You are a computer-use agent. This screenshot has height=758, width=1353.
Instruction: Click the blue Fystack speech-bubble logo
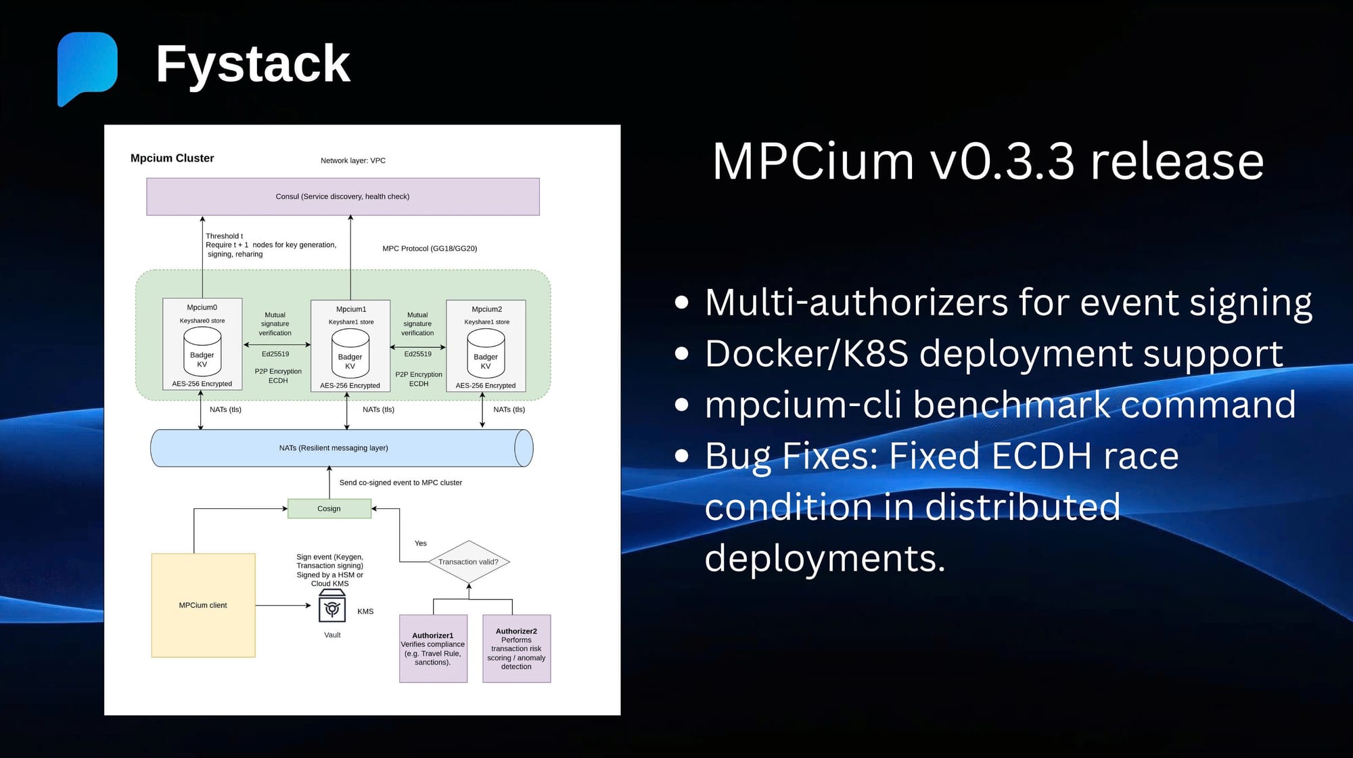87,67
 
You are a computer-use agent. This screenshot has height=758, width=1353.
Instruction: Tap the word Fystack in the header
253,64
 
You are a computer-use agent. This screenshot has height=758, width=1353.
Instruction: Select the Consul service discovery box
343,196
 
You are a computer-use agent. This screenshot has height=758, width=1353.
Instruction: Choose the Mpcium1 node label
351,309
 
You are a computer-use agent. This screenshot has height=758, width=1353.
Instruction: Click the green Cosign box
329,508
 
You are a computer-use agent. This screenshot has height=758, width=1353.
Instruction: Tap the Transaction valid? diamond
468,562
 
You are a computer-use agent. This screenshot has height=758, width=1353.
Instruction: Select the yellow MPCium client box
203,605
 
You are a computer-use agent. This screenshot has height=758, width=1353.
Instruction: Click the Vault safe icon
332,606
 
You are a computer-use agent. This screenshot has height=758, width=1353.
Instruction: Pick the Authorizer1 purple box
433,648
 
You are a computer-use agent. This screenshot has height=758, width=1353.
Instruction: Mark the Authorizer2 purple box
516,648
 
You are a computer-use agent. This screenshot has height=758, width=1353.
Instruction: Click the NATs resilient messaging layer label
334,448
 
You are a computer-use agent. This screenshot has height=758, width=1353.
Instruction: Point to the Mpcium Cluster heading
172,158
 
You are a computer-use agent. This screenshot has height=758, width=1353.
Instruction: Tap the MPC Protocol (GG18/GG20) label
430,248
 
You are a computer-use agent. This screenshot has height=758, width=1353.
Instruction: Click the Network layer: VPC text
353,160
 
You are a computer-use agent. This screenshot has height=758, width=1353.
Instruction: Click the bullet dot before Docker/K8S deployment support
682,353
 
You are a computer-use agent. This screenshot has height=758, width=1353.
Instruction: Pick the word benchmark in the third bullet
1011,405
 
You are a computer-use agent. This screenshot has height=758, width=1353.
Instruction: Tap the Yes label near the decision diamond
421,543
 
